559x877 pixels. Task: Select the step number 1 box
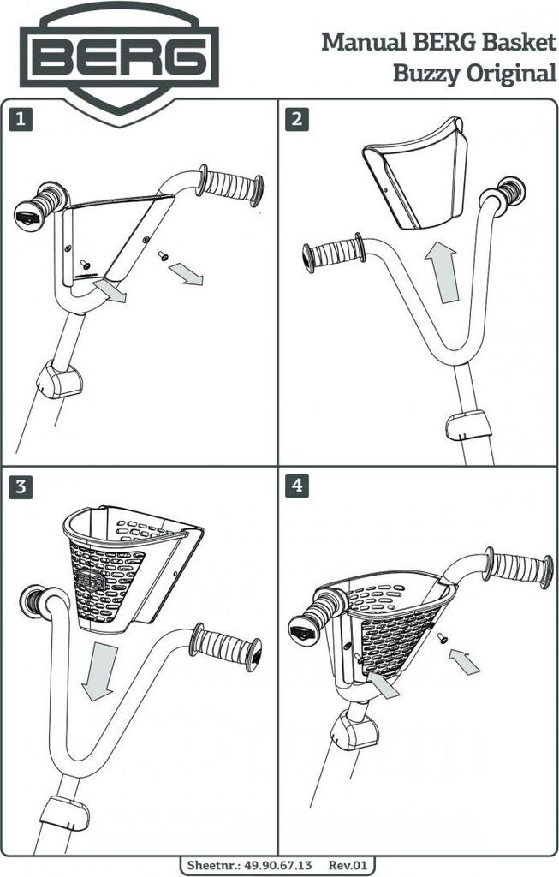click(x=21, y=120)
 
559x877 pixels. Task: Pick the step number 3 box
click(x=21, y=487)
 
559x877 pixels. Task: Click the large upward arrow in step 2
click(x=443, y=271)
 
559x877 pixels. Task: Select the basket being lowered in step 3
click(x=128, y=565)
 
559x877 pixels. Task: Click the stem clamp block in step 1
click(x=58, y=380)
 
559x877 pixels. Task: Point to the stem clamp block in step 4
click(x=354, y=731)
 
